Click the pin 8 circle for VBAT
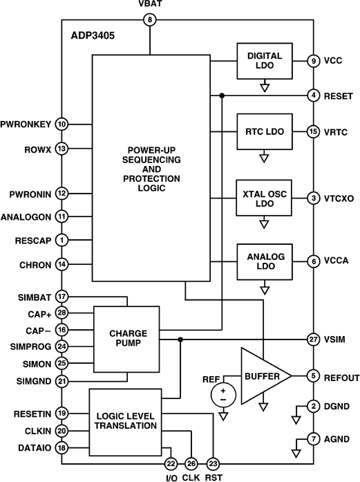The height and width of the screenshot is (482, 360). pos(150,19)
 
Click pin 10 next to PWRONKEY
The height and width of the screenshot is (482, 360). pos(61,124)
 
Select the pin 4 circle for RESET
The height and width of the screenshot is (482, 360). pos(314,95)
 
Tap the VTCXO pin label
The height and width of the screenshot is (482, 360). pos(338,197)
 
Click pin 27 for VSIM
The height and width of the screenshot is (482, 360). pos(314,340)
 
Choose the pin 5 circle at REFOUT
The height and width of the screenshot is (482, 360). pos(314,376)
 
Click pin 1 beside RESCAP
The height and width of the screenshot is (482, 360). pos(61,241)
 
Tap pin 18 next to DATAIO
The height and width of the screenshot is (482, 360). pos(61,448)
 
